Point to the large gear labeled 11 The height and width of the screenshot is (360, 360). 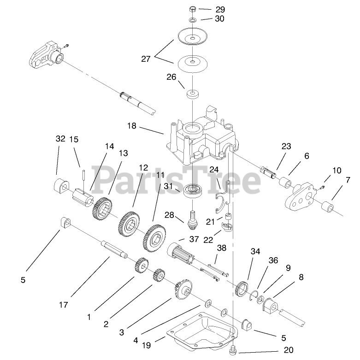tap(155, 236)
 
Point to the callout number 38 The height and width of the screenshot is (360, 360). tap(222, 248)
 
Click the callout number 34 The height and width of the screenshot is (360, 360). tap(255, 251)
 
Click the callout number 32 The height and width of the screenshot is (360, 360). tap(60, 138)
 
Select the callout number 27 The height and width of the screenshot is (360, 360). tap(146, 59)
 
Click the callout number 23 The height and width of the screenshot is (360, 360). tap(287, 147)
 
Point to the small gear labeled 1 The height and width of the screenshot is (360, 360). tap(142, 266)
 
